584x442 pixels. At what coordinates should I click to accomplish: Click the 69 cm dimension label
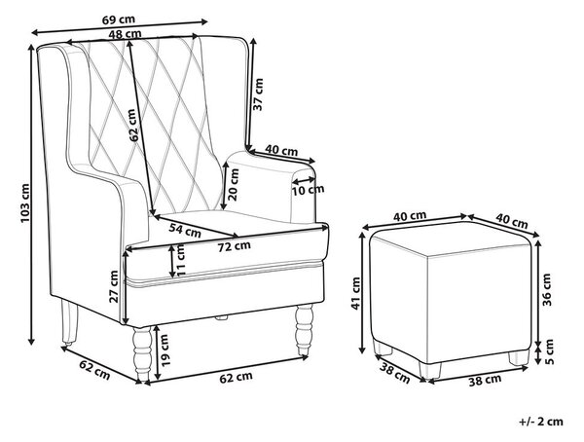[x=119, y=19]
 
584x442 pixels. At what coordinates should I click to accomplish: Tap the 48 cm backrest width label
[x=126, y=34]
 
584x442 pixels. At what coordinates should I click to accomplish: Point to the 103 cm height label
[x=25, y=203]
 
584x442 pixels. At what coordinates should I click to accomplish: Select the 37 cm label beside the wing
[x=258, y=94]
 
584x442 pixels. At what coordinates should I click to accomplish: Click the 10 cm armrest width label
[x=308, y=191]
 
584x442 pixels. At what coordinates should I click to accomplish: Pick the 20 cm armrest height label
[x=234, y=184]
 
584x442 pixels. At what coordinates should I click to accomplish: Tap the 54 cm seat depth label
[x=185, y=231]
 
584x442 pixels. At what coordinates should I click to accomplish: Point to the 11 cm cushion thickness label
[x=181, y=259]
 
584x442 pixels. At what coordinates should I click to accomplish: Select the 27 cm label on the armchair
[x=113, y=286]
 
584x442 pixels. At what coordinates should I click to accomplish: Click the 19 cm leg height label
[x=164, y=350]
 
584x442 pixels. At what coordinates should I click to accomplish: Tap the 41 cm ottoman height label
[x=356, y=293]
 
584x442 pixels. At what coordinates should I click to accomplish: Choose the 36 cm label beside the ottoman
[x=546, y=289]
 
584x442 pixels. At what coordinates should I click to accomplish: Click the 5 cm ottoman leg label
[x=549, y=351]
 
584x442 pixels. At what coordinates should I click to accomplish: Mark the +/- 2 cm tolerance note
[x=541, y=422]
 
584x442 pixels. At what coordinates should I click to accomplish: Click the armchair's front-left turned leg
[x=143, y=354]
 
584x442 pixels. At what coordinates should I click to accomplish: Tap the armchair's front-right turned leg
[x=304, y=329]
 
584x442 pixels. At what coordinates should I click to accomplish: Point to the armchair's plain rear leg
[x=70, y=322]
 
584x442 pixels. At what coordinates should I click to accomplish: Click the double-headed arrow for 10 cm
[x=304, y=181]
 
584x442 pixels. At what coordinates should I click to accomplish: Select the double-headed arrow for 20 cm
[x=224, y=186]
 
